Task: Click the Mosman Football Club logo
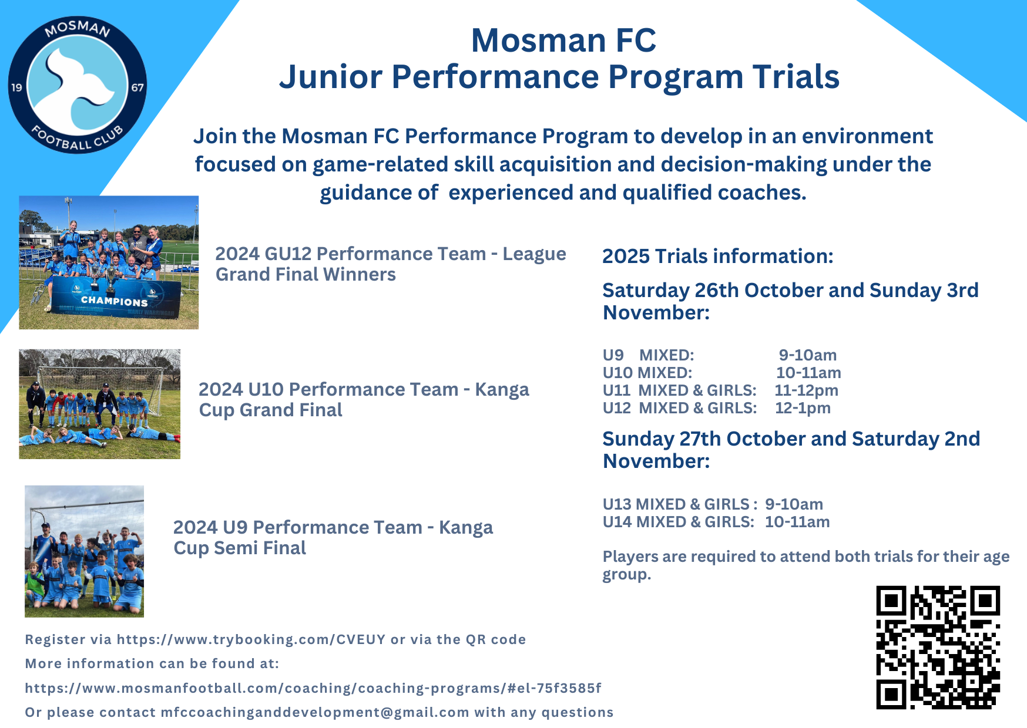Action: [x=78, y=85]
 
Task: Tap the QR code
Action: [x=938, y=647]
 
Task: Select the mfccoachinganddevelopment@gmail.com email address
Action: [x=315, y=712]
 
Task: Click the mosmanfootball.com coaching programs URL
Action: [x=313, y=688]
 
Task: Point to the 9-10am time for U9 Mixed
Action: [x=808, y=355]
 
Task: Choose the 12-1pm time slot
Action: [x=803, y=408]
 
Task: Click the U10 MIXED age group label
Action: [x=647, y=373]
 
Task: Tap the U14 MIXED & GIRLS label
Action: [x=679, y=522]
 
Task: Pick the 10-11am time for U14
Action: [x=797, y=522]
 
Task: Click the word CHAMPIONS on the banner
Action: [x=114, y=301]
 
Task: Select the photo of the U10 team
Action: [x=100, y=404]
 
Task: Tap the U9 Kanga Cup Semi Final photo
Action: [x=84, y=551]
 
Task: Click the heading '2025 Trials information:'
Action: [x=718, y=257]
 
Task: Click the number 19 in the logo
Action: [x=16, y=87]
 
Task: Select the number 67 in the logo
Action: [x=137, y=87]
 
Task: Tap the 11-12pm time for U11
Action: [x=807, y=390]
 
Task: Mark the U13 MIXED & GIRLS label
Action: [x=676, y=504]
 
